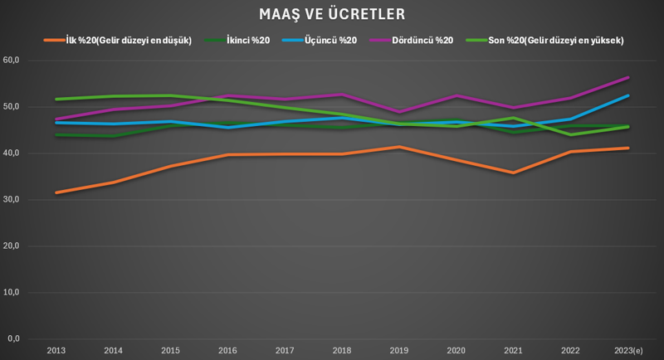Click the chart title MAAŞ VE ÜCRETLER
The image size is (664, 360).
pyautogui.click(x=332, y=15)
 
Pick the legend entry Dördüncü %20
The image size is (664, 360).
pyautogui.click(x=420, y=40)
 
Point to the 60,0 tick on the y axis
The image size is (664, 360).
pyautogui.click(x=12, y=61)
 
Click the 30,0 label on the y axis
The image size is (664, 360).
pyautogui.click(x=12, y=200)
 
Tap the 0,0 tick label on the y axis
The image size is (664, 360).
pyautogui.click(x=13, y=339)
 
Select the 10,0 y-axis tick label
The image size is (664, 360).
pyautogui.click(x=12, y=293)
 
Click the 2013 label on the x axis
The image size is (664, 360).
pyautogui.click(x=56, y=351)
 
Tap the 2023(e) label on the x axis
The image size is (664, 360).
pyautogui.click(x=628, y=351)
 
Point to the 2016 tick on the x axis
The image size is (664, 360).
pyautogui.click(x=228, y=351)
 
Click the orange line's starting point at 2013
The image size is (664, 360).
pyautogui.click(x=56, y=192)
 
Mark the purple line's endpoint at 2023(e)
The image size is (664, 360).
pyautogui.click(x=628, y=77)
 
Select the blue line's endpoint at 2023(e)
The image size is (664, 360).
pyautogui.click(x=628, y=95)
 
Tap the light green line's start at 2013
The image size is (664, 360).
pyautogui.click(x=56, y=100)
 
